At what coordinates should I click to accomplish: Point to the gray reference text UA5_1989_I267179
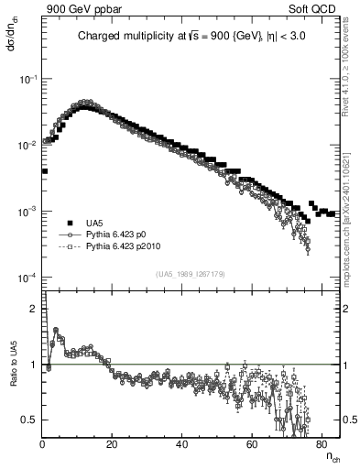coord(191,274)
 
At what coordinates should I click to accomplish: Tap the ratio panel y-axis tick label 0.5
coord(30,420)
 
